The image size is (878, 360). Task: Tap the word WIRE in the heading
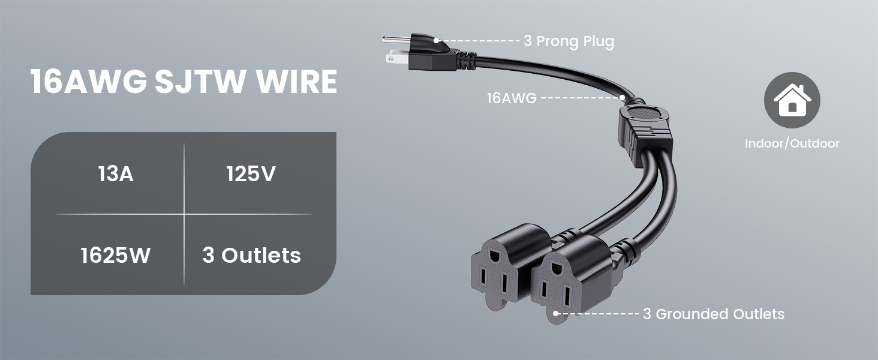point(297,82)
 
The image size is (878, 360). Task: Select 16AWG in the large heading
point(89,82)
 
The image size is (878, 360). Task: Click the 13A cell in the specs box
point(116,174)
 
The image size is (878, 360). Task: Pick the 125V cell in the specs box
point(251,174)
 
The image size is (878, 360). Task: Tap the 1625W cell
point(116,255)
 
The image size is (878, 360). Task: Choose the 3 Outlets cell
point(252,255)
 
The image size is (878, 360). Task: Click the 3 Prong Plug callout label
point(569,41)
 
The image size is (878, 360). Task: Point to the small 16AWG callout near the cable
point(512,98)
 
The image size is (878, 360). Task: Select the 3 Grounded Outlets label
point(714,314)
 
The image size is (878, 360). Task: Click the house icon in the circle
point(792,100)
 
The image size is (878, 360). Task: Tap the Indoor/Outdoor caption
point(792,143)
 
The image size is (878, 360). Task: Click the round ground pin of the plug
point(396,39)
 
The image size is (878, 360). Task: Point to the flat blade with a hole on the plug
point(397,58)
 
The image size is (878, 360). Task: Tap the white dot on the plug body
point(436,40)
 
